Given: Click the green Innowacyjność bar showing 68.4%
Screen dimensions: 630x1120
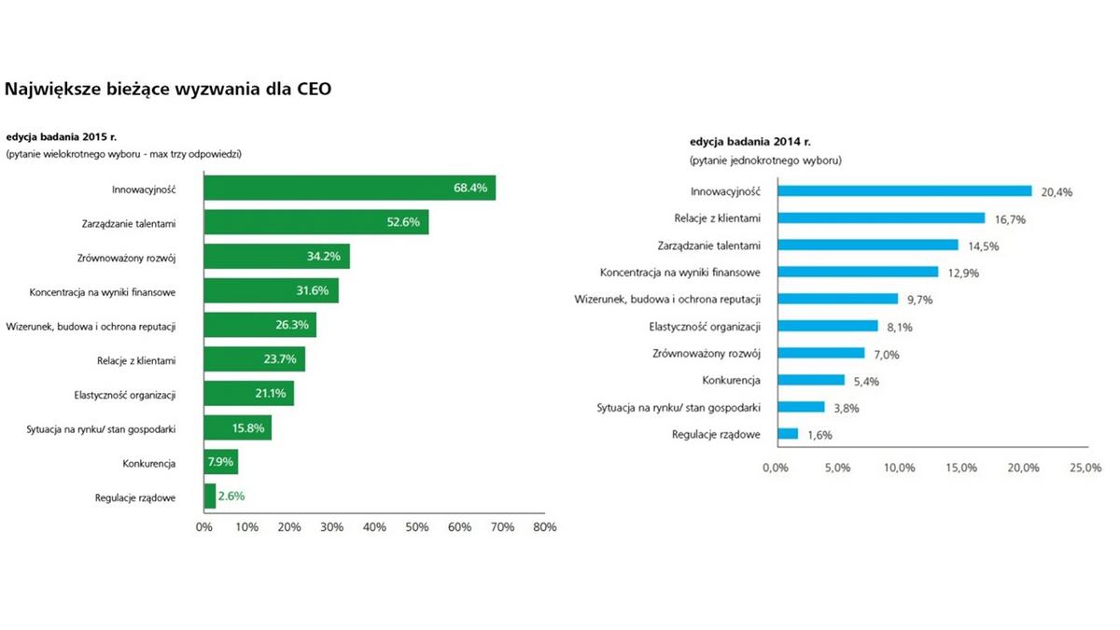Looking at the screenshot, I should pyautogui.click(x=349, y=188).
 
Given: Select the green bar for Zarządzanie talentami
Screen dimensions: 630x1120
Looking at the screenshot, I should pyautogui.click(x=315, y=222).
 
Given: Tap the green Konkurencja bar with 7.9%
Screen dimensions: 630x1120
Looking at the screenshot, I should pyautogui.click(x=220, y=462).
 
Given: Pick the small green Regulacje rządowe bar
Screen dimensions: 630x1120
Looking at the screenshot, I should pyautogui.click(x=209, y=496).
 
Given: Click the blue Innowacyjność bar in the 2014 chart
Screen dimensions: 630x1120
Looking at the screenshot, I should pyautogui.click(x=903, y=191).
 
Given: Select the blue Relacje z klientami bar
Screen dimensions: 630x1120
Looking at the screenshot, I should pyautogui.click(x=880, y=218).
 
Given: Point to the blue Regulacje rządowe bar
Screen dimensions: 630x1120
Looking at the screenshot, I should pyautogui.click(x=787, y=434).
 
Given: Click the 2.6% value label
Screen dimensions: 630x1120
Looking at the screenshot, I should pyautogui.click(x=231, y=497).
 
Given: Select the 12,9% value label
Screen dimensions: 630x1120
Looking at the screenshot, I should pyautogui.click(x=960, y=273).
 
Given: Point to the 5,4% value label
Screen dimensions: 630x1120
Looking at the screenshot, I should pyautogui.click(x=866, y=381).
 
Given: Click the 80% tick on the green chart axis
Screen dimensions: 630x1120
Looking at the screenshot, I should pyautogui.click(x=544, y=527).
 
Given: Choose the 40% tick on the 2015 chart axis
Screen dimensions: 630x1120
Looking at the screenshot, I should pyautogui.click(x=374, y=527).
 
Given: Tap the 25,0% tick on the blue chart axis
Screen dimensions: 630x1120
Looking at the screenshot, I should pyautogui.click(x=1085, y=468).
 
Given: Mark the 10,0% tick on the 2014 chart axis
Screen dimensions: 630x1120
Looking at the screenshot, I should pyautogui.click(x=900, y=468).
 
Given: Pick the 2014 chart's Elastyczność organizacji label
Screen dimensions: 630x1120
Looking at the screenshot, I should pyautogui.click(x=705, y=327).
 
